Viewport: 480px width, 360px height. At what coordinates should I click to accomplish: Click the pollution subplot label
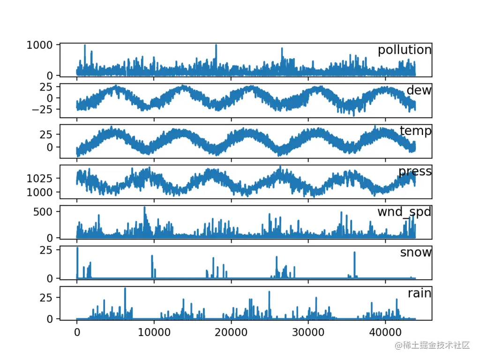pos(405,50)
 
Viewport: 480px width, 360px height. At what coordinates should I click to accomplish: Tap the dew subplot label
pos(419,90)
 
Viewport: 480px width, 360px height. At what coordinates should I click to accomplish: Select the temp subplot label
pos(415,131)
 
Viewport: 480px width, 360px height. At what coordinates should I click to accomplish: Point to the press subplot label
pos(415,172)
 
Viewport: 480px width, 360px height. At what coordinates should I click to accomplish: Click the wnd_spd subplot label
pos(404,212)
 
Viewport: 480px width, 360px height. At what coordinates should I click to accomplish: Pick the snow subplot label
pos(415,252)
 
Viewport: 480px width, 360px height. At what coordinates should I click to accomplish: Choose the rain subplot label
pos(419,293)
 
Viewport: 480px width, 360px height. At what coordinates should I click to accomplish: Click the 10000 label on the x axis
pos(154,330)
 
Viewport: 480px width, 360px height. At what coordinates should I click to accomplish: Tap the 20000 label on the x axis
pos(231,330)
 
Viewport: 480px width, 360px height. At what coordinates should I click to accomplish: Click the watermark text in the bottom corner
pos(432,345)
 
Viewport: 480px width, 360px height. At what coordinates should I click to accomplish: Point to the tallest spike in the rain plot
pos(125,289)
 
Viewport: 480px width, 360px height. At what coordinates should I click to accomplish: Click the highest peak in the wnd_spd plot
pos(144,207)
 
